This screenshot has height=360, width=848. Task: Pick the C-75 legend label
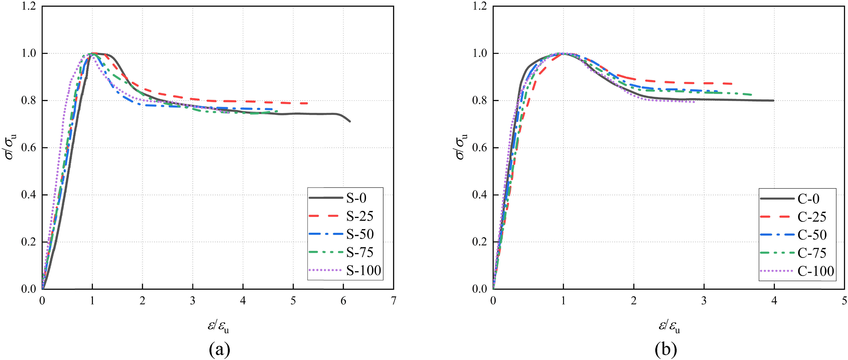click(x=812, y=253)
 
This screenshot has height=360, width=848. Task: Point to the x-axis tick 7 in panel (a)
click(x=393, y=301)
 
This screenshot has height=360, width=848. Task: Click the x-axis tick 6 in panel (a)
click(x=343, y=301)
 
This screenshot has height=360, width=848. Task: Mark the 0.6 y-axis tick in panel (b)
click(x=480, y=148)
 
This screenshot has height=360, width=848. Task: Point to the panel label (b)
click(x=666, y=349)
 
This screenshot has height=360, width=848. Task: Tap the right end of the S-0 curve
click(x=350, y=122)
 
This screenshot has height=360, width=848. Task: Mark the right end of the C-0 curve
click(x=774, y=101)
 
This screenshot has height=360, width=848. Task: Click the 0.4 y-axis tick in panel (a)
click(x=29, y=195)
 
